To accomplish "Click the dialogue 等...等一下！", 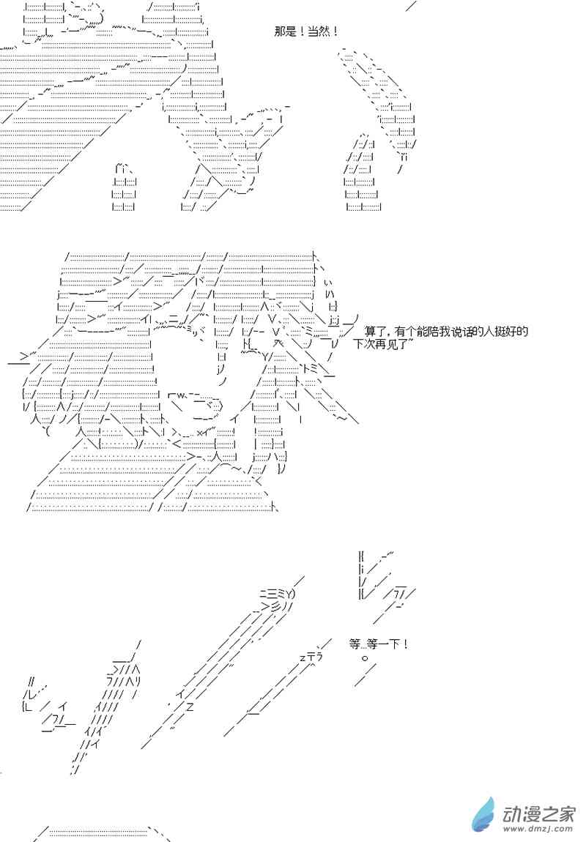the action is tap(379, 644).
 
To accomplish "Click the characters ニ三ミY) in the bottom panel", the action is tap(278, 594).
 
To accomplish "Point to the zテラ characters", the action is tap(311, 657).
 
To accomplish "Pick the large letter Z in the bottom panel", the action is tap(190, 707).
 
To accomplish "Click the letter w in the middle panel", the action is tap(181, 395).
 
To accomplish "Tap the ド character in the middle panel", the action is tap(199, 280).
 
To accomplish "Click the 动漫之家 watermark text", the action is tap(538, 815).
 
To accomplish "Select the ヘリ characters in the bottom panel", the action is tap(133, 682).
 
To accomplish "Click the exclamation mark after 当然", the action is tap(335, 31).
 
